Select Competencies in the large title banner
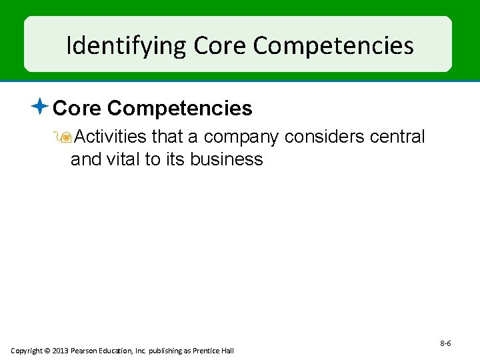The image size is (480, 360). (333, 46)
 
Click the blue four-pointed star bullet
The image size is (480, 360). (41, 105)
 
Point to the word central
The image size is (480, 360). (399, 137)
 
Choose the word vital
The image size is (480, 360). (117, 159)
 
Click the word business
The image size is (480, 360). (226, 159)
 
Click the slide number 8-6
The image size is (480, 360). (445, 343)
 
